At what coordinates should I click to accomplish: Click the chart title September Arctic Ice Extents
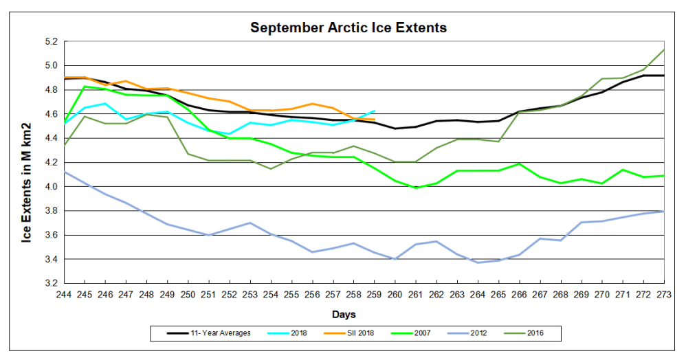coord(348,28)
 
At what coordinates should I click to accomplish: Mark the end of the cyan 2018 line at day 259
coord(374,111)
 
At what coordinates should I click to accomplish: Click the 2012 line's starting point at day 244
coord(64,172)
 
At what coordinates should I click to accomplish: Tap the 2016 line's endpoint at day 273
coord(664,49)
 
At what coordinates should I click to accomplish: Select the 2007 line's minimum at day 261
coord(415,188)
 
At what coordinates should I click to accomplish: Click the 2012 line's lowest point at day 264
coord(478,262)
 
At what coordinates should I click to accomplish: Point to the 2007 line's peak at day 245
coord(84,87)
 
